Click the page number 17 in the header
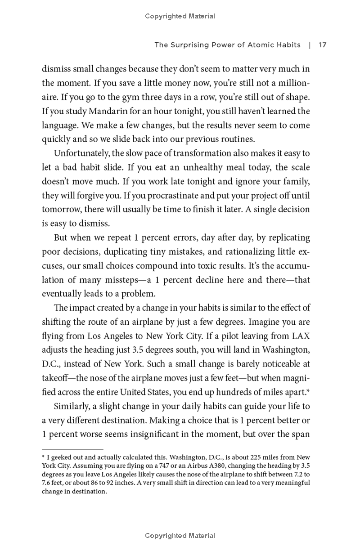coord(322,45)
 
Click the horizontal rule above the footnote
coord(72,448)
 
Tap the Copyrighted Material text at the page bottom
coord(180,536)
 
